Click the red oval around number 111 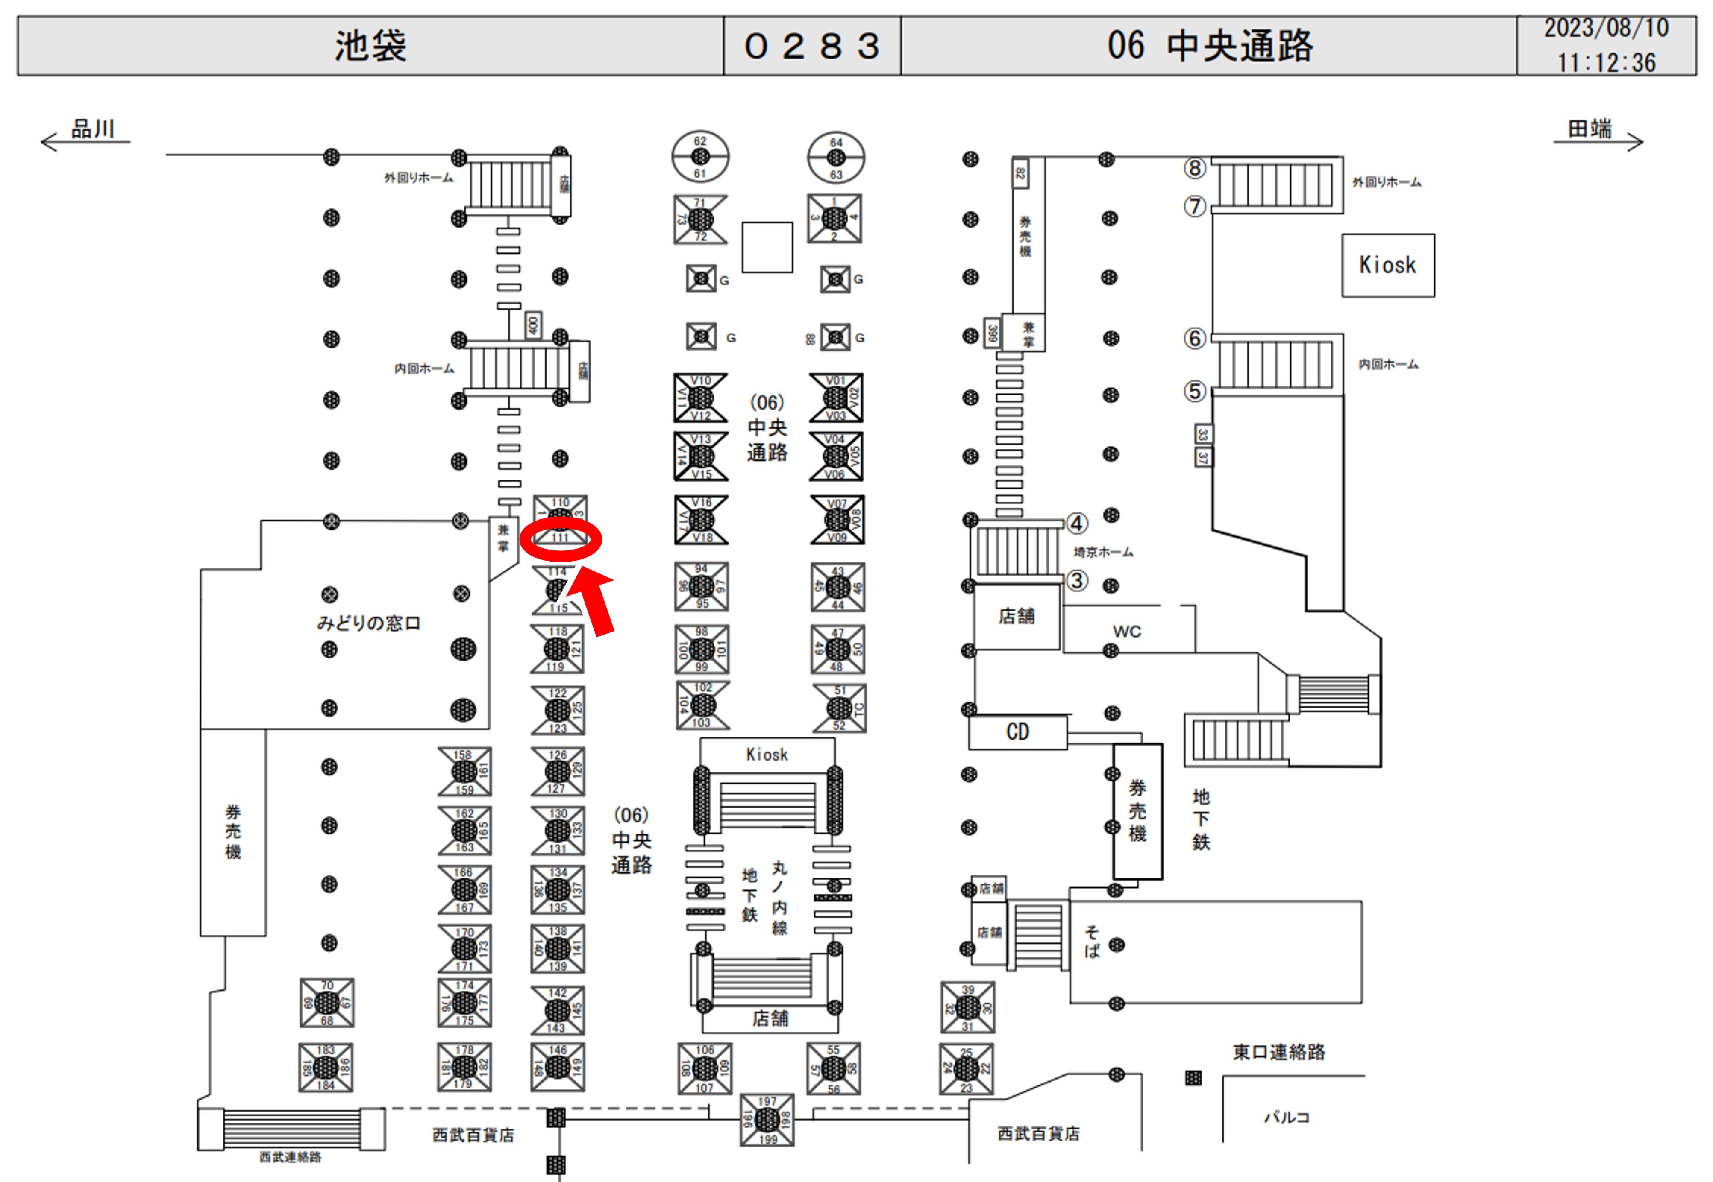[x=560, y=538]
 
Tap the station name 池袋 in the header [x=370, y=46]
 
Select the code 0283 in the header [x=812, y=46]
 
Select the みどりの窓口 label [x=368, y=623]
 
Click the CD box [x=1017, y=732]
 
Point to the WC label [x=1126, y=632]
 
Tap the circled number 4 [x=1076, y=524]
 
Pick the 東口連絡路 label [x=1279, y=1052]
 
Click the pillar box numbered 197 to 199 [x=767, y=1120]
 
